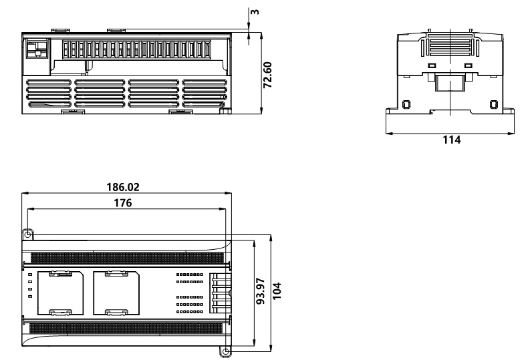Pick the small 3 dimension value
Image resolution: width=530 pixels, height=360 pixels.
click(256, 12)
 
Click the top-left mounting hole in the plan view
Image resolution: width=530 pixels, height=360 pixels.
click(27, 234)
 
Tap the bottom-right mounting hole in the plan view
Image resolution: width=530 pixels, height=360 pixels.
click(225, 351)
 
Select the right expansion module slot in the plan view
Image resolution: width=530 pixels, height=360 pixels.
click(116, 293)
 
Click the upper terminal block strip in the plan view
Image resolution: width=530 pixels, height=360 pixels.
click(126, 257)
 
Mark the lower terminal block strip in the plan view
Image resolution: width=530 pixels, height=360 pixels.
click(126, 329)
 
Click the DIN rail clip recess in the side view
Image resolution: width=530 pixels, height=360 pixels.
click(451, 83)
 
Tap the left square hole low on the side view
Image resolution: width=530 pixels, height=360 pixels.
click(406, 104)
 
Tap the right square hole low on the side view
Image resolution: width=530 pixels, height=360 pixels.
click(494, 104)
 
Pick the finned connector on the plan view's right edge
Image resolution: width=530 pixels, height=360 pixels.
click(220, 293)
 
